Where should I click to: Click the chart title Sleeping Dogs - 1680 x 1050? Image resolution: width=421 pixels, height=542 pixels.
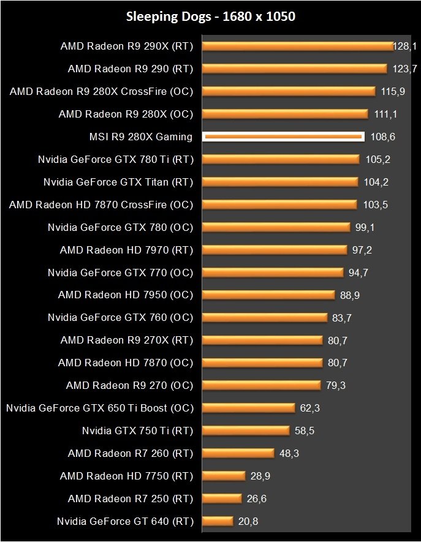click(x=211, y=17)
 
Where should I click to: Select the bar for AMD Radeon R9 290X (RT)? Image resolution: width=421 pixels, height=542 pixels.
click(x=297, y=46)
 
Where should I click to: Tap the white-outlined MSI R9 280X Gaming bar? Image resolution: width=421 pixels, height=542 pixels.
click(x=283, y=137)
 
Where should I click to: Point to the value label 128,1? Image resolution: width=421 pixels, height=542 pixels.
click(x=406, y=46)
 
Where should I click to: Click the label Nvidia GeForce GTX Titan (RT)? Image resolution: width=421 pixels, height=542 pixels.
click(x=118, y=182)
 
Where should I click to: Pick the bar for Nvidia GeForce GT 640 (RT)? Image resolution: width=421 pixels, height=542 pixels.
click(x=218, y=522)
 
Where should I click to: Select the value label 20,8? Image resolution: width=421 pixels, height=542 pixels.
click(x=249, y=522)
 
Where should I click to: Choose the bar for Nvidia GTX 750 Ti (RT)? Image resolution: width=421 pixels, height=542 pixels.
click(x=246, y=431)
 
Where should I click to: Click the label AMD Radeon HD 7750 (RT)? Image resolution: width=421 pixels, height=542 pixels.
click(x=126, y=476)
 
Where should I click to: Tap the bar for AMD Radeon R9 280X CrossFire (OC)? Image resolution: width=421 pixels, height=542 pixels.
click(x=288, y=91)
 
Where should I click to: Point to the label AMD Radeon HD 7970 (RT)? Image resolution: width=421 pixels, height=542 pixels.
click(x=126, y=250)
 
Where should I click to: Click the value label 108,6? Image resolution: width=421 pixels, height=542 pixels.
click(x=383, y=137)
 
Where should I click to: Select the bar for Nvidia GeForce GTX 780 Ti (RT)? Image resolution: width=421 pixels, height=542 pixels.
click(x=280, y=159)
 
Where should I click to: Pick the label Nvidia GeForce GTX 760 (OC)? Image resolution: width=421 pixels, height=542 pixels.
click(x=120, y=318)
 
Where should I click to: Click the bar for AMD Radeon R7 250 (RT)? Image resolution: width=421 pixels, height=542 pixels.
click(x=222, y=499)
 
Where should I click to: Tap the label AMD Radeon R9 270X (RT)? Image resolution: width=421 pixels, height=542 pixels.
click(x=126, y=341)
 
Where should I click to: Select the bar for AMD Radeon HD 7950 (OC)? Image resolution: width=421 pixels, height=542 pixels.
click(x=268, y=295)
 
